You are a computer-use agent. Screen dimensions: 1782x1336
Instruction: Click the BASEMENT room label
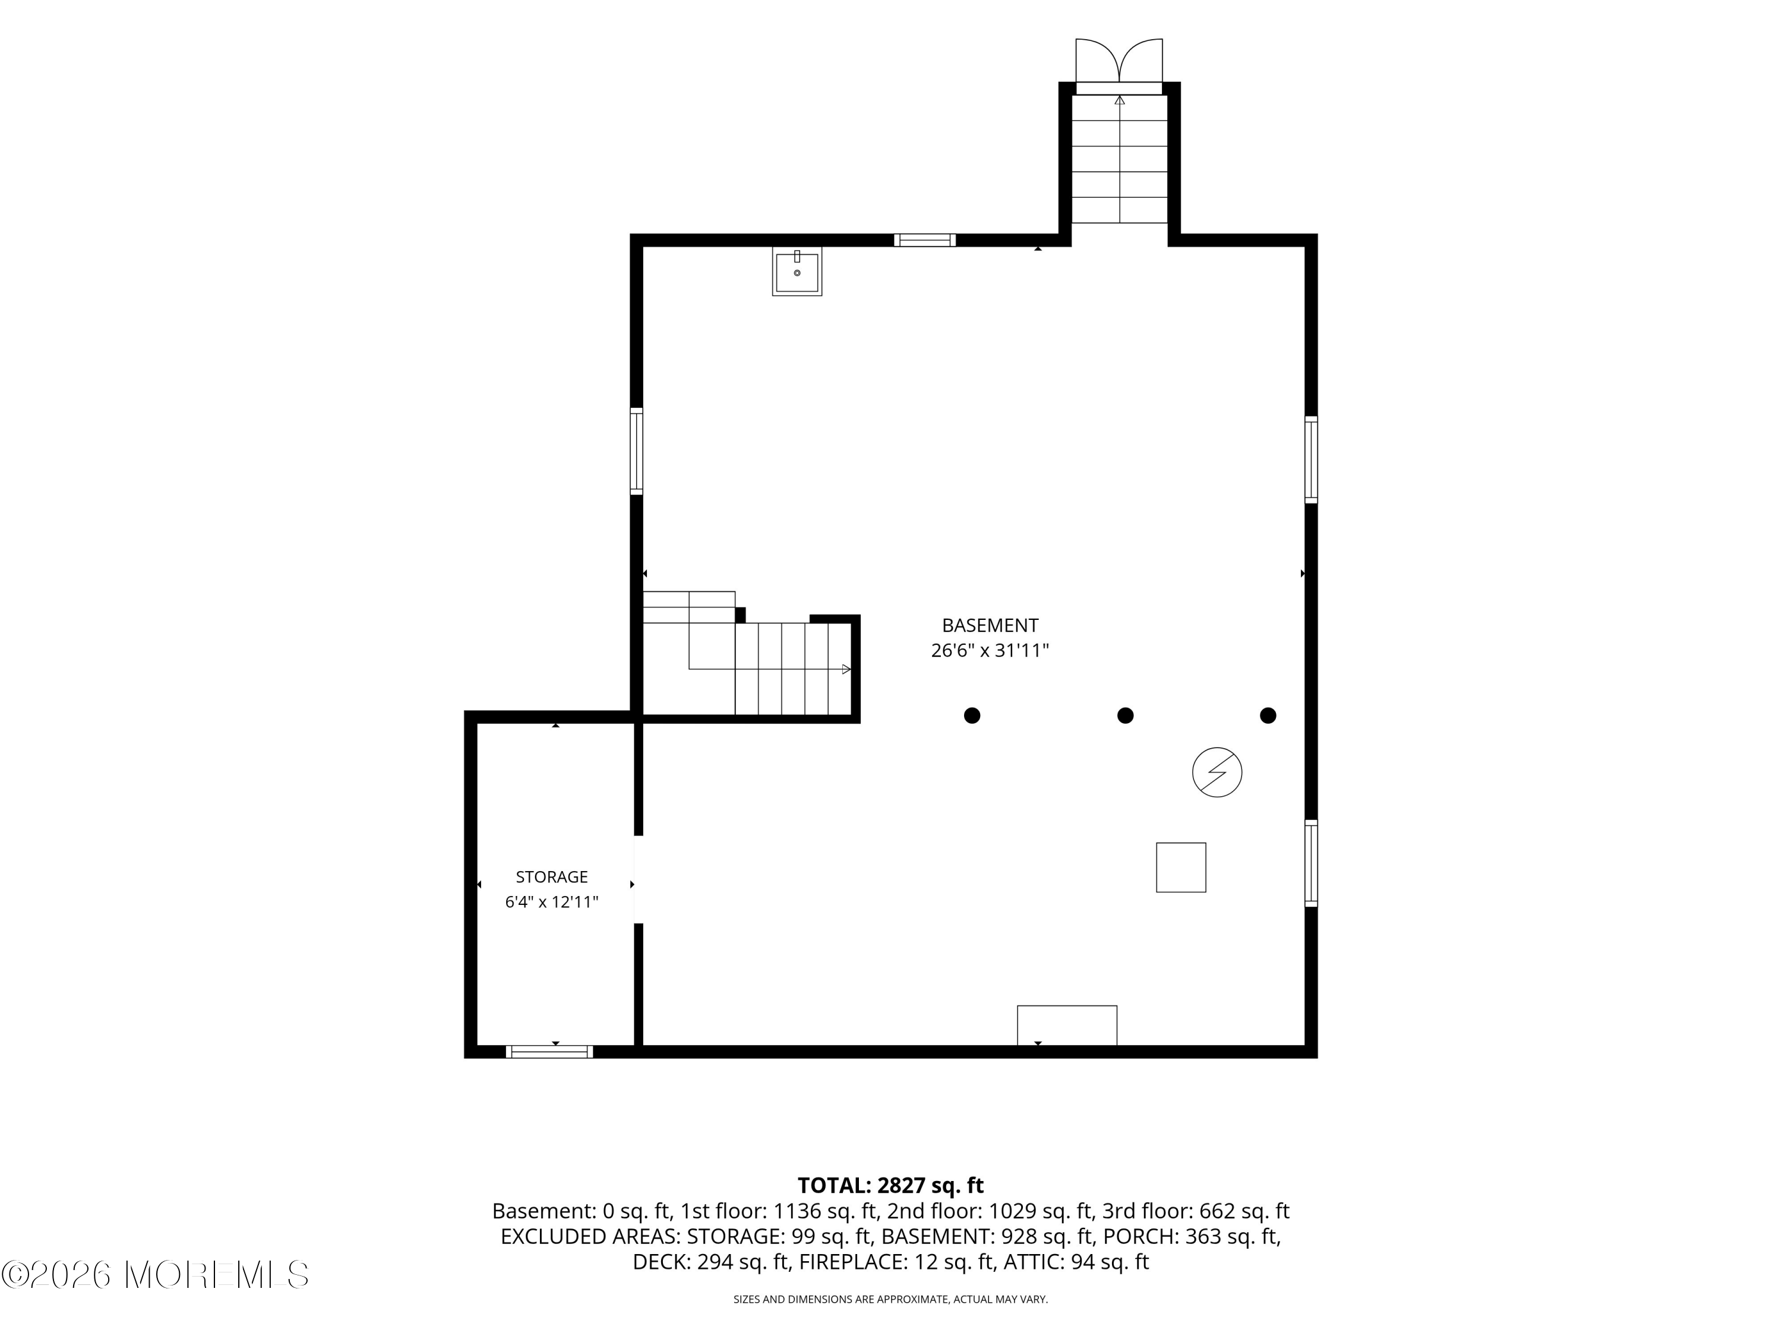pyautogui.click(x=990, y=625)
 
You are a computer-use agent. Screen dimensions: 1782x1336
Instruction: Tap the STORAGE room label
pyautogui.click(x=552, y=877)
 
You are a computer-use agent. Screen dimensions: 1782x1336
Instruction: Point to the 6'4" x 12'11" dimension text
pyautogui.click(x=552, y=902)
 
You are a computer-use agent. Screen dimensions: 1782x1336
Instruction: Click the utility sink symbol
pyautogui.click(x=797, y=271)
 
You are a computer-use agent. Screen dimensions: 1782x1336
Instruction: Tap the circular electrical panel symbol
pyautogui.click(x=1217, y=773)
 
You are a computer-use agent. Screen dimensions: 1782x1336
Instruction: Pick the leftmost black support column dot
pyautogui.click(x=972, y=715)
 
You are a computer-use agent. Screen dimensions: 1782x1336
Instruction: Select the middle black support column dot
pyautogui.click(x=1126, y=715)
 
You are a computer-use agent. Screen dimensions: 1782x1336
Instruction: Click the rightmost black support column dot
pyautogui.click(x=1268, y=715)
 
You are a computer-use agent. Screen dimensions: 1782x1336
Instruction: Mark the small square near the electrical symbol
pyautogui.click(x=1181, y=868)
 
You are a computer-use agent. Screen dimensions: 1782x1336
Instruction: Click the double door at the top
pyautogui.click(x=1119, y=61)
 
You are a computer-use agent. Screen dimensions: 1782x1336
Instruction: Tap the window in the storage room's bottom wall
pyautogui.click(x=549, y=1052)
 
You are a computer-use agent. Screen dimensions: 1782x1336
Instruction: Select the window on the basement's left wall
pyautogui.click(x=636, y=451)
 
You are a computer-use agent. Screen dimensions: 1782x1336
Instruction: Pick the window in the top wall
pyautogui.click(x=925, y=240)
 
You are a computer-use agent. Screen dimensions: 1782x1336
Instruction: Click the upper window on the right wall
pyautogui.click(x=1312, y=460)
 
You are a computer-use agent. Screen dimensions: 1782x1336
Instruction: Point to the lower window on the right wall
pyautogui.click(x=1312, y=863)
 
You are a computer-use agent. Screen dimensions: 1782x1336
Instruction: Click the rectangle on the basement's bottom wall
pyautogui.click(x=1067, y=1025)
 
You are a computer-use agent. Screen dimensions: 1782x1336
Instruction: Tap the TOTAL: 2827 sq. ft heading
pyautogui.click(x=891, y=1185)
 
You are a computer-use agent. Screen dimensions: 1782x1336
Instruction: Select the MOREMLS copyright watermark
pyautogui.click(x=154, y=1274)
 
